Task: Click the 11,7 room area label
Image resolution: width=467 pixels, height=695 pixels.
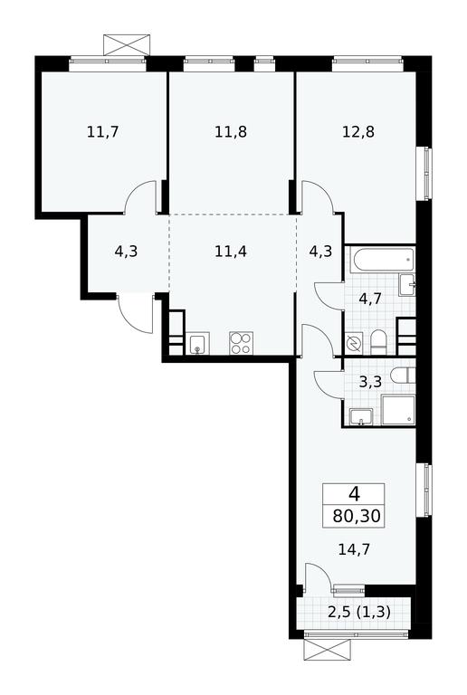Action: coord(103,131)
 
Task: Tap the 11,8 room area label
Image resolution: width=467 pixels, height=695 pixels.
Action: coord(231,131)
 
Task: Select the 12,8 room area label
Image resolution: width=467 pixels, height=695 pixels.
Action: coord(358,131)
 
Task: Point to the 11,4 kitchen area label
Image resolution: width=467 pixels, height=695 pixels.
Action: coord(231,252)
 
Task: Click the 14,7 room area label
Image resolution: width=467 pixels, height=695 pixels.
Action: coord(354,549)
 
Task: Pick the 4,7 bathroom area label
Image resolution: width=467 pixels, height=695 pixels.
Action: coord(370,299)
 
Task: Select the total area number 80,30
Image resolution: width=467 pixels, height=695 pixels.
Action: coord(357,517)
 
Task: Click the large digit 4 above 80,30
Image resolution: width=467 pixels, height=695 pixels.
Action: coord(354,493)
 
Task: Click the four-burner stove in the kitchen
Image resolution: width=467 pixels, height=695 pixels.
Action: coord(241,343)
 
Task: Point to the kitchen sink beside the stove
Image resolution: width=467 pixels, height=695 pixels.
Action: coord(197,344)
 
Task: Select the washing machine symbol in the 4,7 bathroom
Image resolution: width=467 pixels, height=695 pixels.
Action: coord(354,344)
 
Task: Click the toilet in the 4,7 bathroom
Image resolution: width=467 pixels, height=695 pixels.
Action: coord(378,342)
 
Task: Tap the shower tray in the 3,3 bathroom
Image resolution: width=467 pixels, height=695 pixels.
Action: coord(398,411)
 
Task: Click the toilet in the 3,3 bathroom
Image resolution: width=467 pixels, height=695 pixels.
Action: coord(404,376)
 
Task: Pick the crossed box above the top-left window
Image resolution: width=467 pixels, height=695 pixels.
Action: coord(127,45)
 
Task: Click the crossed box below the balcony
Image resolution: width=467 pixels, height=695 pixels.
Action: coord(328,651)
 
